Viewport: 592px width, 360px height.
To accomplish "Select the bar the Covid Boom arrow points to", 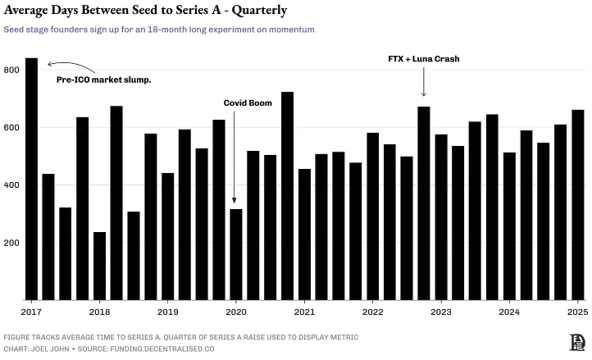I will tap(235, 254).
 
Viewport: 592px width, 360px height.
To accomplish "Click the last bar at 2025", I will tap(577, 204).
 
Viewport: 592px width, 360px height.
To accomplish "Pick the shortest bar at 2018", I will tap(99, 266).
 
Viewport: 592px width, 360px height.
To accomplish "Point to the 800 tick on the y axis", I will tap(11, 71).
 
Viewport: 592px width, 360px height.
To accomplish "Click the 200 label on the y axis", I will tap(11, 243).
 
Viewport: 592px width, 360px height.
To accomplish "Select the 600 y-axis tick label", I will tap(11, 128).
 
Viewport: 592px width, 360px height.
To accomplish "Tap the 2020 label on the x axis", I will tap(235, 312).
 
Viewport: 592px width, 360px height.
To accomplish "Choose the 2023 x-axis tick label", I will tap(440, 312).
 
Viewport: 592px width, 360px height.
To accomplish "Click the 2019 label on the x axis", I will tap(167, 312).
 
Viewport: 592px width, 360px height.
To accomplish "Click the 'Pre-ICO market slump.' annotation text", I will tap(103, 80).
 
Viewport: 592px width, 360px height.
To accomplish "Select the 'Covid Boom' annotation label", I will tap(248, 103).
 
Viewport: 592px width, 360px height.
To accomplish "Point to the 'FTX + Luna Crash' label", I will tap(423, 59).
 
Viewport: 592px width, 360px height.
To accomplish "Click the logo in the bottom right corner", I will tap(576, 342).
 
